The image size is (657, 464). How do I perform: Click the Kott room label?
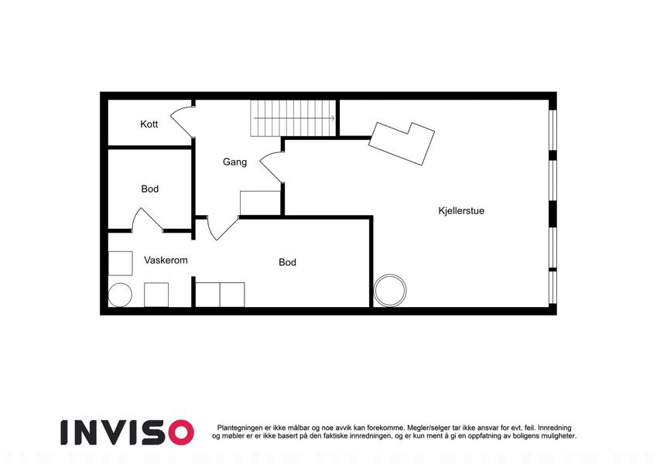tap(149, 124)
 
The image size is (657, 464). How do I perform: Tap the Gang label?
tap(234, 162)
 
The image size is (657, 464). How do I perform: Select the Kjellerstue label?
tap(461, 210)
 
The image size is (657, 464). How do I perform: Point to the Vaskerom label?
tap(166, 260)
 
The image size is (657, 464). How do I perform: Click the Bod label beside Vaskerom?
tap(287, 262)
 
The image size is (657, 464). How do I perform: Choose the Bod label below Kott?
tap(150, 189)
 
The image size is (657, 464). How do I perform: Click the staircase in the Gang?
tap(293, 118)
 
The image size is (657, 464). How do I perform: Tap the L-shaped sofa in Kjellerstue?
tap(402, 143)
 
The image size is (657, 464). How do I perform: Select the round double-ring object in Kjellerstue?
tap(390, 290)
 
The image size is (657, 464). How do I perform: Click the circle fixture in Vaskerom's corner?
tap(120, 295)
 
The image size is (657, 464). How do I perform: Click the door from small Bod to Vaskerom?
tap(147, 219)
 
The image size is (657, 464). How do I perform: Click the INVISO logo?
tap(127, 432)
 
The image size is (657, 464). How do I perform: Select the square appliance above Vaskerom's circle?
tap(120, 263)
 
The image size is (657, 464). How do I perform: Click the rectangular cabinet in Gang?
tap(260, 203)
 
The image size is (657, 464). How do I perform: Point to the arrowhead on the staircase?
tap(334, 118)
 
